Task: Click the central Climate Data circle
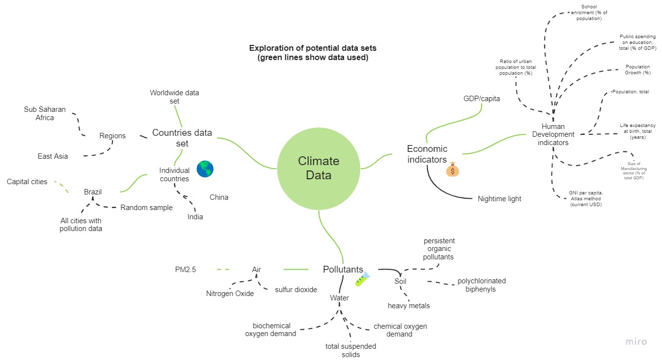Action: (x=319, y=168)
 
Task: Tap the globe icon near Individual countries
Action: (x=205, y=169)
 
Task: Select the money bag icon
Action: (x=452, y=169)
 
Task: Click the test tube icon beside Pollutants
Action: (x=362, y=279)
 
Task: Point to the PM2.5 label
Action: (x=186, y=269)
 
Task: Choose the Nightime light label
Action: (x=499, y=199)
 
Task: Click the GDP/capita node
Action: (x=482, y=99)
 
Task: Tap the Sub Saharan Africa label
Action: (x=45, y=113)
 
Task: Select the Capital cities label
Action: (x=27, y=182)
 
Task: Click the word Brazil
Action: (x=93, y=192)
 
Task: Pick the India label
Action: (x=195, y=217)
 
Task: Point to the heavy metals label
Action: (x=409, y=306)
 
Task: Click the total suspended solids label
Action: (x=351, y=350)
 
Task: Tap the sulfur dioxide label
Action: (x=296, y=289)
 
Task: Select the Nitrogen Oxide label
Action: (x=230, y=294)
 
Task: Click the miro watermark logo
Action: (x=636, y=342)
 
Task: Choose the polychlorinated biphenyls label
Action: (x=481, y=285)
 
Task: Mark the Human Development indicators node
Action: (x=553, y=134)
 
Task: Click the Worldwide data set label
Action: (x=174, y=97)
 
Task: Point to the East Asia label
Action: (x=53, y=156)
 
